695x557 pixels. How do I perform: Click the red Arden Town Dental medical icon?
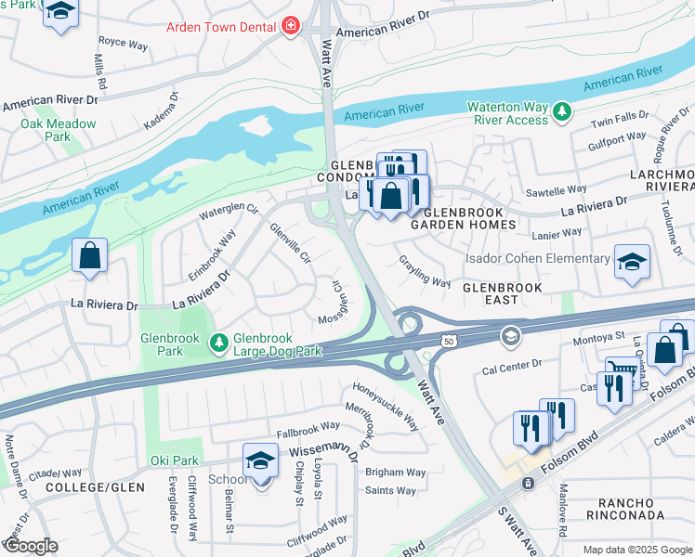(x=291, y=26)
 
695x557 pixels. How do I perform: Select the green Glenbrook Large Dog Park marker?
(x=218, y=344)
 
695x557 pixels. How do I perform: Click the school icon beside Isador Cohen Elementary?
(x=632, y=262)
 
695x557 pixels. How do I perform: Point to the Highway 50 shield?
(x=449, y=342)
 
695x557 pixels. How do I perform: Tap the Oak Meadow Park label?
(x=58, y=130)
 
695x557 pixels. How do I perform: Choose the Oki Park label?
(x=174, y=460)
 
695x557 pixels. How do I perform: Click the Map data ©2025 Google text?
(x=636, y=550)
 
